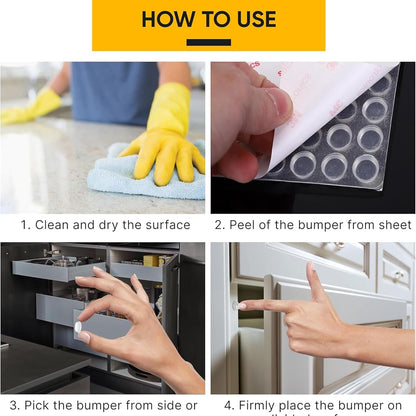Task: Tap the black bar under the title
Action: click(x=208, y=42)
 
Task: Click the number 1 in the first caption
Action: click(x=25, y=225)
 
